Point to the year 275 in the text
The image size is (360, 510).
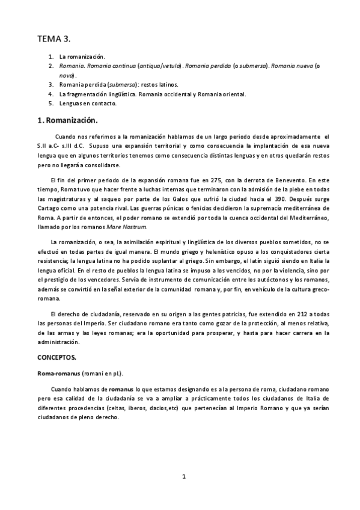tap(233, 179)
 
